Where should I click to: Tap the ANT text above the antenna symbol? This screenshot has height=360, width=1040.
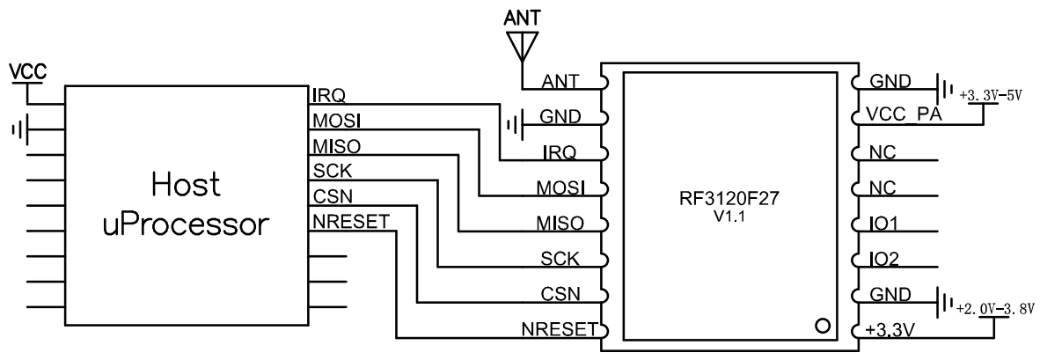coord(523,17)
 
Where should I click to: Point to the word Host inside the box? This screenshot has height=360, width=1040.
coord(185,186)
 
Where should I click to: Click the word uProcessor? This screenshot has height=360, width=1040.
coord(185,224)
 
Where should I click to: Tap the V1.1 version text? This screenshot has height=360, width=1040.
coord(729,217)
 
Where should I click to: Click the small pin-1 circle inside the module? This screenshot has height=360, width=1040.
coord(822,327)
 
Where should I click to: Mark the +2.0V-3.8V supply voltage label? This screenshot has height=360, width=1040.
coord(994,310)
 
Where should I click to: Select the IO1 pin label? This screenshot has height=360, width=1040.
coord(883,225)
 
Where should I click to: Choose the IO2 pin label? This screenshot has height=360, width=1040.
coord(883,261)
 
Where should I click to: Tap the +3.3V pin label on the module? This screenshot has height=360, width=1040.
coord(890,333)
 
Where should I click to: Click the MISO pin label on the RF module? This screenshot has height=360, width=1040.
coord(559,224)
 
